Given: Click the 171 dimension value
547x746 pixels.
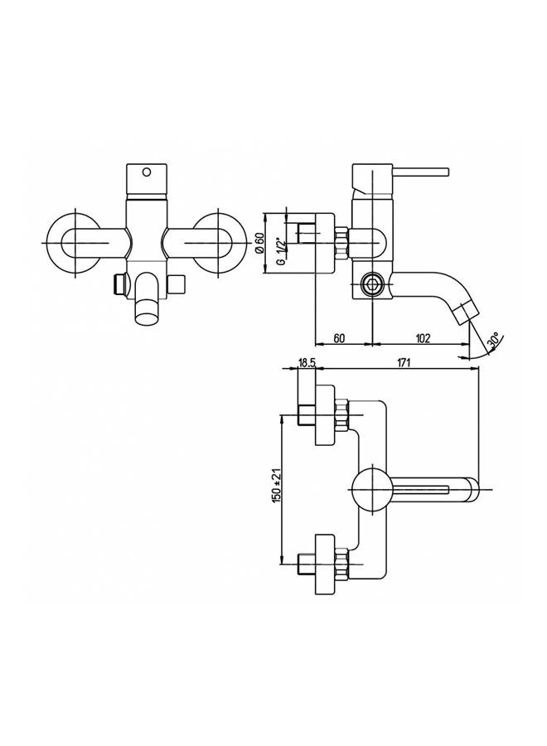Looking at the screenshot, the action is coord(403,362).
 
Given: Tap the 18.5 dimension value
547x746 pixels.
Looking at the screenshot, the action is coord(307,363).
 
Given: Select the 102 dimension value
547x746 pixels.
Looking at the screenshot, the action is coord(423,338).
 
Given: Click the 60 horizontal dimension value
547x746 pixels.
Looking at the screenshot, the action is coord(339,338).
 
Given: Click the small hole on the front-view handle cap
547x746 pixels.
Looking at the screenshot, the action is coord(148,172).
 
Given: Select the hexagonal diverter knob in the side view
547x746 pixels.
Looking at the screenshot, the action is coord(370,285).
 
